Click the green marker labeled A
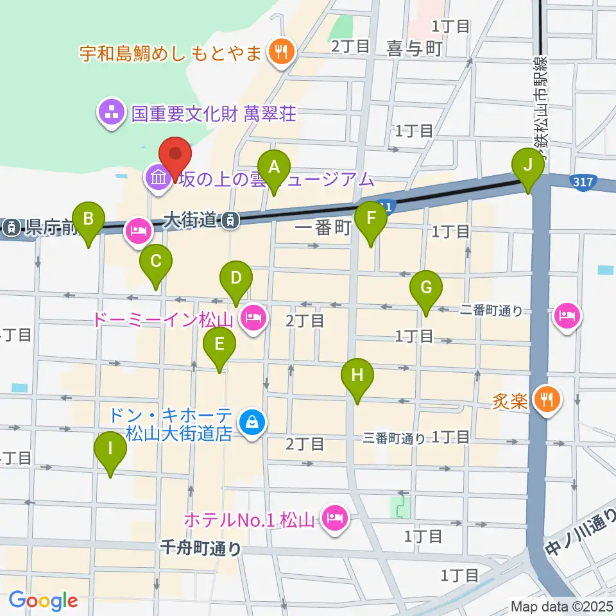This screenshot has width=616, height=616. coord(274,168)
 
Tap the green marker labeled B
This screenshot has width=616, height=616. coord(89,220)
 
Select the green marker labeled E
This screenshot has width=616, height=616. coord(219,345)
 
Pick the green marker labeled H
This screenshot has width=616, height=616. coord(357,376)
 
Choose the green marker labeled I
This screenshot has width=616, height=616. coord(110,450)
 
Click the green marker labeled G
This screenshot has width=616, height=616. coord(426,289)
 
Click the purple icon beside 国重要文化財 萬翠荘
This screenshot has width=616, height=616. coord(111,114)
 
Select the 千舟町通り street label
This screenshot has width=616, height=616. coord(200,548)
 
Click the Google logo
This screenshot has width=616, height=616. coord(44,601)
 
